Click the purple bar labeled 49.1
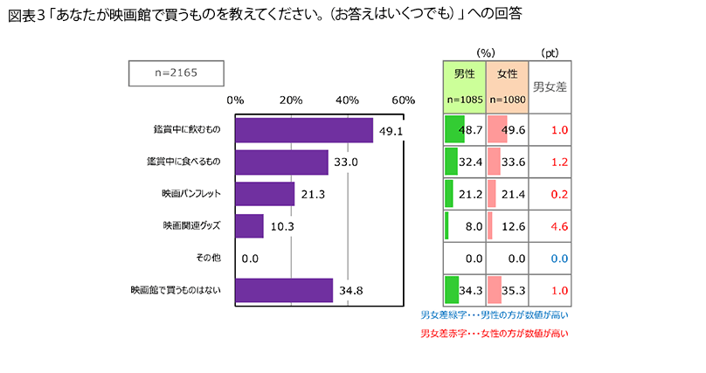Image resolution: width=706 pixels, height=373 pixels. click(x=304, y=130)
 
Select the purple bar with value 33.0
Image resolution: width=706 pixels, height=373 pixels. click(x=281, y=162)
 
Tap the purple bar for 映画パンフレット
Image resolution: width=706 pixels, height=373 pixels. click(x=265, y=194)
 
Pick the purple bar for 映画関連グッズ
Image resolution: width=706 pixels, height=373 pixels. click(x=249, y=226)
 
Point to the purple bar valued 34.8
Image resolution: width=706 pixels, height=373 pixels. click(x=284, y=290)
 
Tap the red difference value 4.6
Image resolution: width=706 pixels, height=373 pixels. click(x=559, y=226)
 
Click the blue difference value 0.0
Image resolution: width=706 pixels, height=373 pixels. click(x=559, y=258)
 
